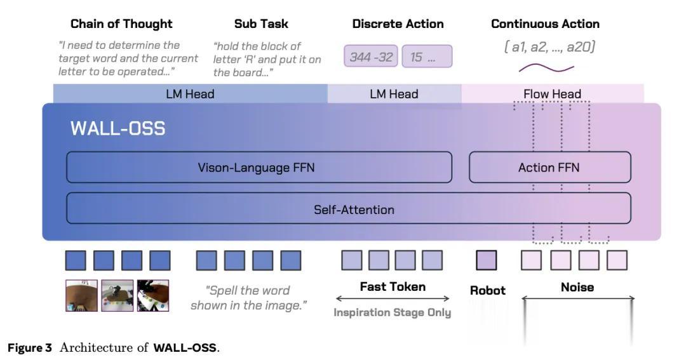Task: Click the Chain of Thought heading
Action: coord(121,24)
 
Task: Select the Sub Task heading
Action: coord(261,24)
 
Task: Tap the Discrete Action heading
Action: coord(398,24)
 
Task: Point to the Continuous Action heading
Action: coord(545,24)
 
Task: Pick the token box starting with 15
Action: coord(427,57)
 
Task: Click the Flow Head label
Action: coord(552,94)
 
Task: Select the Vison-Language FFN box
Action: coord(259,168)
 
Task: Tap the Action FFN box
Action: coord(549,168)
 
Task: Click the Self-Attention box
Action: coord(348,208)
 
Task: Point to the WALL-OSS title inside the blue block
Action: coord(118,129)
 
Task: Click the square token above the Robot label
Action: coord(487,260)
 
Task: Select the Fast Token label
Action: coord(393,286)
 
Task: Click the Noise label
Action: coord(577,287)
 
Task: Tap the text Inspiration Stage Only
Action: coord(393,312)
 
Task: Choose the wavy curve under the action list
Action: coord(546,68)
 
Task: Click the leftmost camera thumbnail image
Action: coord(81,295)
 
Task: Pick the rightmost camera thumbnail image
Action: coord(153,295)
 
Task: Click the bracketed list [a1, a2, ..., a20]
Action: coord(550,47)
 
